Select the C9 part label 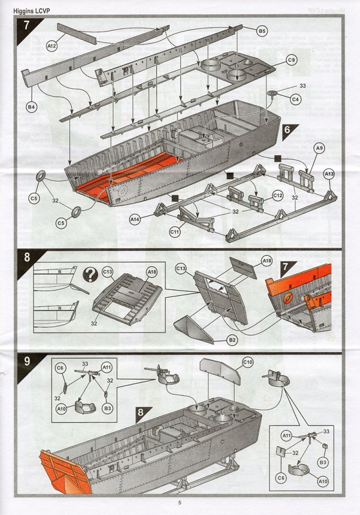click(x=291, y=60)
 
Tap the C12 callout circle click(x=277, y=195)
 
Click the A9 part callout click(x=319, y=148)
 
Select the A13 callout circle click(x=330, y=175)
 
